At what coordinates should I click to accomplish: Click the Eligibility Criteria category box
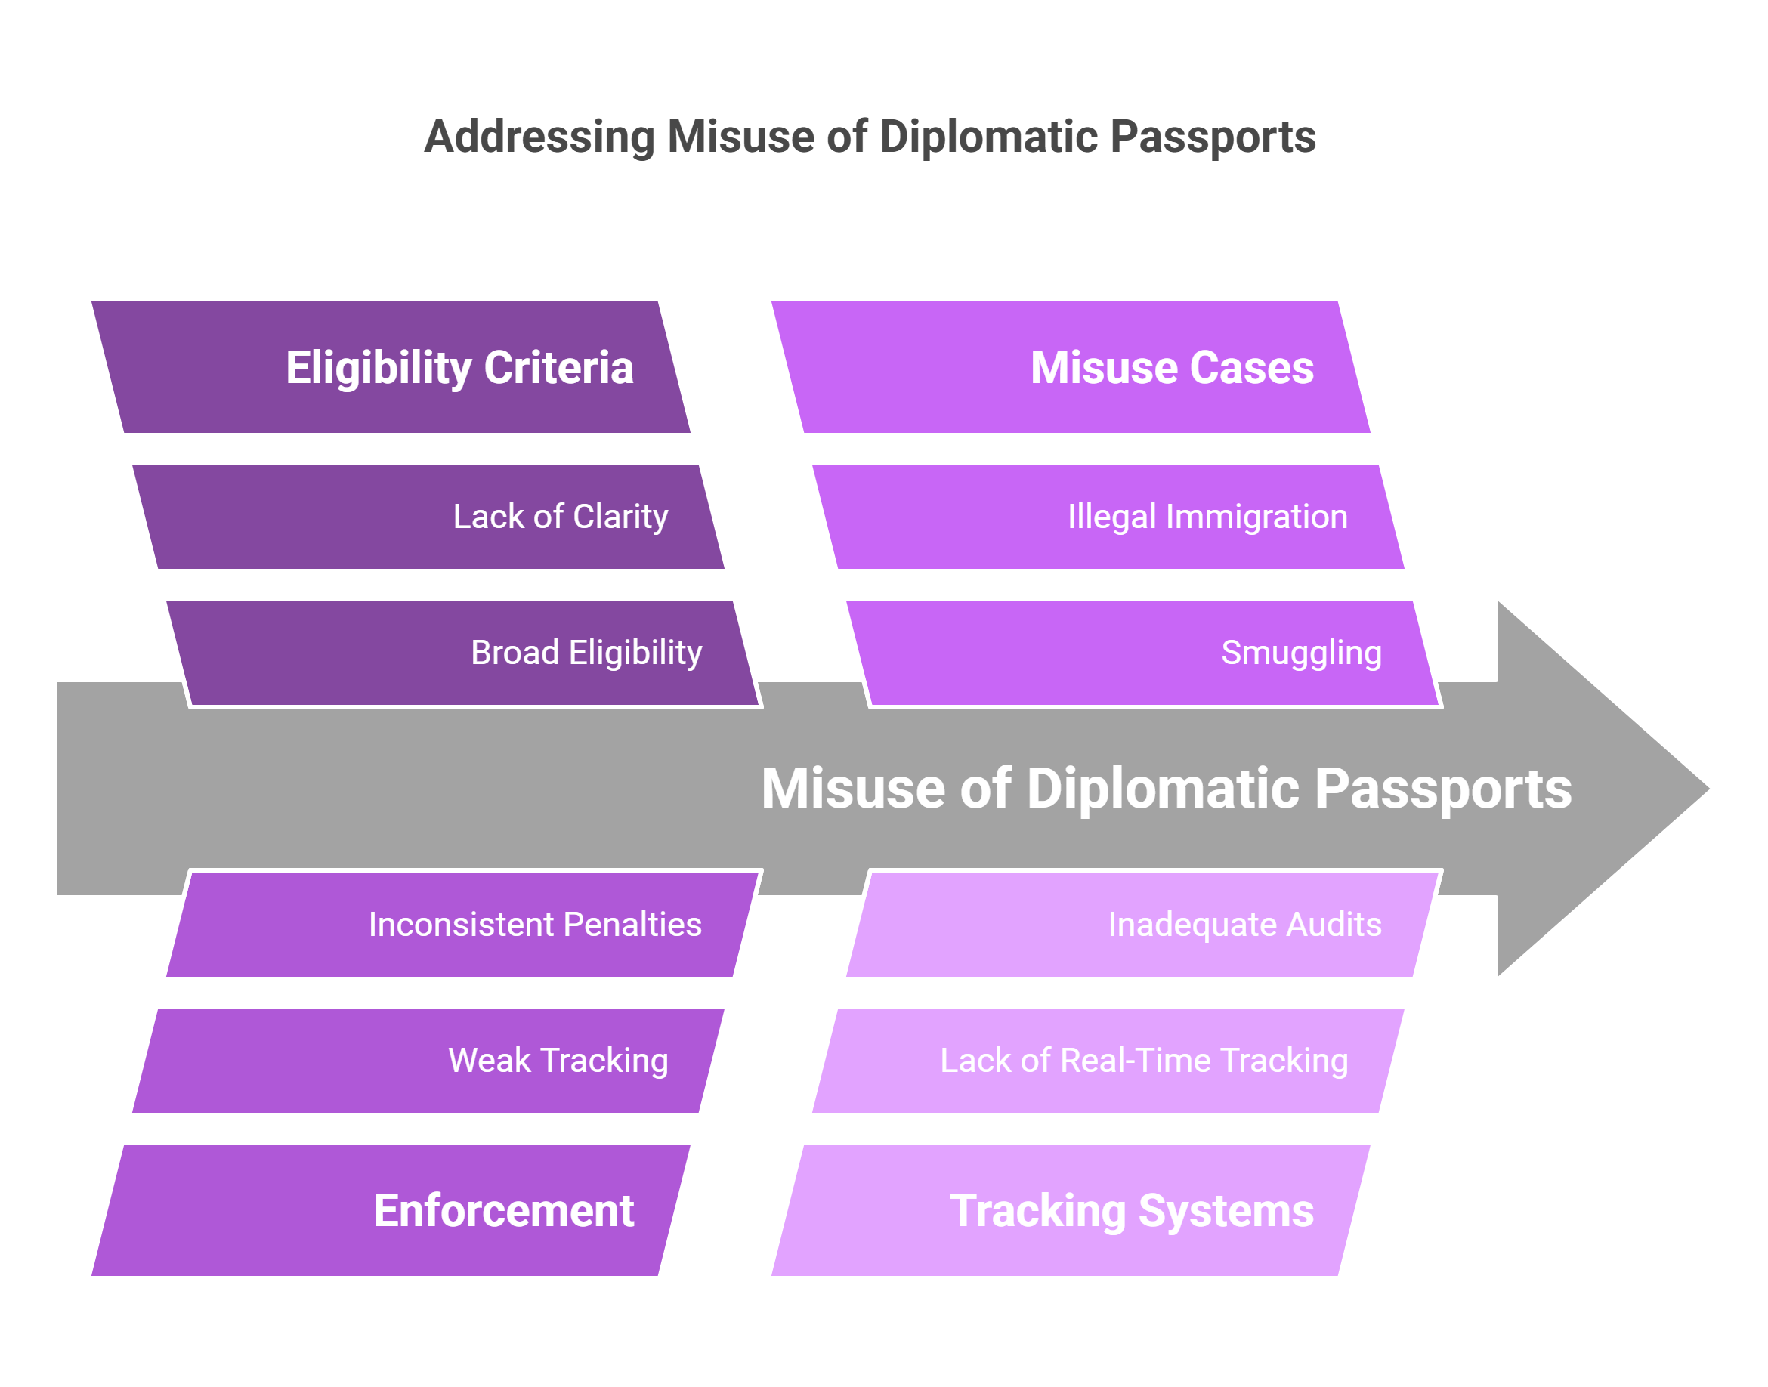390,367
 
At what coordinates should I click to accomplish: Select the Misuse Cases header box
1071,367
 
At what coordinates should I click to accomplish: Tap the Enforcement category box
390,1210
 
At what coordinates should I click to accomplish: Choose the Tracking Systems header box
1071,1210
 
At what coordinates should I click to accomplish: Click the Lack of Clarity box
428,517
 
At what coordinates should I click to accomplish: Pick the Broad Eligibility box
462,653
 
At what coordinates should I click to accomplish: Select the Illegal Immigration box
1108,517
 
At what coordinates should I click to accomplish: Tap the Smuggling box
1142,653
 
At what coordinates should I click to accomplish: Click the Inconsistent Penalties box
462,924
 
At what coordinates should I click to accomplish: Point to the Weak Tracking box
428,1060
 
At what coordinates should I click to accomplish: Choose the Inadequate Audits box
1142,924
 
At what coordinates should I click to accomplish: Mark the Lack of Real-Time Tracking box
1108,1060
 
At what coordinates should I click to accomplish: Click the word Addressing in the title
539,137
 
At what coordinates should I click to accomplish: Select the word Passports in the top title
1213,137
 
